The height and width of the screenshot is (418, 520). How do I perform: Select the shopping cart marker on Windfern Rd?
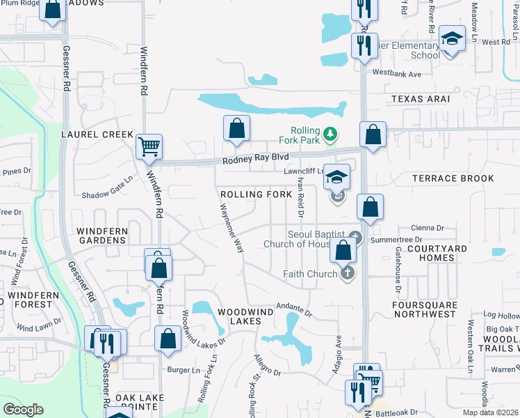coord(149,146)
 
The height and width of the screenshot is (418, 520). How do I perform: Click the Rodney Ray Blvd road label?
coord(255,160)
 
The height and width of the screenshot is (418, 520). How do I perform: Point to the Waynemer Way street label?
coord(231,228)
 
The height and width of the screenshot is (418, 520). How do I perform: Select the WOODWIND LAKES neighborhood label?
coord(238,316)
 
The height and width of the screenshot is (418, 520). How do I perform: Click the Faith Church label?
coord(310,274)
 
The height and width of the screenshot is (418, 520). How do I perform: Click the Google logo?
coord(23,410)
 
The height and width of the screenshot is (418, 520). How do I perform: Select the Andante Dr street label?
coord(295,309)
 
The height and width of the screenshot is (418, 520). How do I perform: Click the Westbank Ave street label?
coord(397,73)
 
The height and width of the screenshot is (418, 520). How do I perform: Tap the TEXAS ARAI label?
coord(420,99)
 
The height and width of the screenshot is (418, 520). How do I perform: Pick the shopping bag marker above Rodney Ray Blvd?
coord(236,128)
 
